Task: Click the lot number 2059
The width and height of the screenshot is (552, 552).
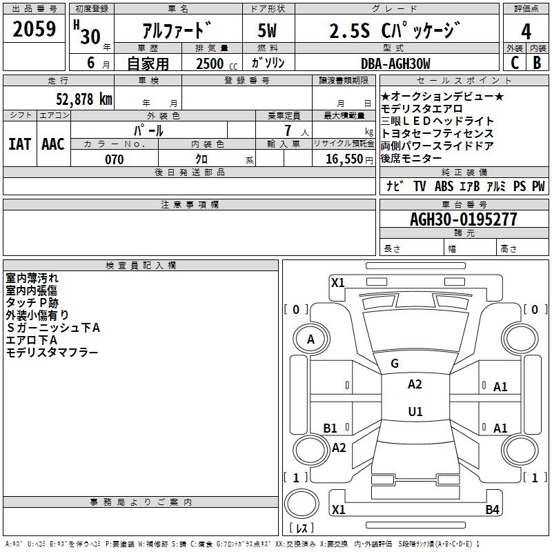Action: [34, 30]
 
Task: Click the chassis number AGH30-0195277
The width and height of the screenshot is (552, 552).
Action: [463, 219]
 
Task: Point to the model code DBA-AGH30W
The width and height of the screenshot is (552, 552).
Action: [395, 63]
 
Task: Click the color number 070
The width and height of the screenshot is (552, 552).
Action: [115, 159]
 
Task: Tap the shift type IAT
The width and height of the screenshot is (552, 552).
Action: [19, 144]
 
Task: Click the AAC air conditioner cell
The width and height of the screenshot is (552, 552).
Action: [53, 144]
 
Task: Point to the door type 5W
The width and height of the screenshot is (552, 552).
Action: [267, 32]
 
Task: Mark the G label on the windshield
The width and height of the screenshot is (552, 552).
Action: [395, 364]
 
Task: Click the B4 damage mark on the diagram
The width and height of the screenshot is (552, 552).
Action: [492, 510]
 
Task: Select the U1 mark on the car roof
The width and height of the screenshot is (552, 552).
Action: [415, 412]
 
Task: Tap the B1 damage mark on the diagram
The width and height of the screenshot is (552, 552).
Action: [331, 428]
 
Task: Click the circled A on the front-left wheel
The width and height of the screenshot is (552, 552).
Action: [310, 339]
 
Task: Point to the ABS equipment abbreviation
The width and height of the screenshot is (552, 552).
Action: [444, 186]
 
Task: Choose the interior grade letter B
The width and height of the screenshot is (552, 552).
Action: [537, 63]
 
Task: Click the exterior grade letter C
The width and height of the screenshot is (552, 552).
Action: [514, 63]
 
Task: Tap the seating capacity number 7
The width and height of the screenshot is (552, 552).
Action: [286, 130]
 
